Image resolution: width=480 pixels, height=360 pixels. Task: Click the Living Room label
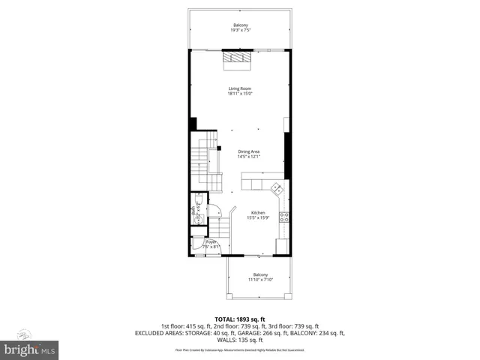[240, 89]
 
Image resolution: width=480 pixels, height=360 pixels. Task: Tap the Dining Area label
[248, 151]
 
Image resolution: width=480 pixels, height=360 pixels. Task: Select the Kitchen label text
[259, 212]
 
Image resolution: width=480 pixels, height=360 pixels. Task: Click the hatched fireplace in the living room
[239, 58]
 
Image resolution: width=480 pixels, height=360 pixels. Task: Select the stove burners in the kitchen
[284, 217]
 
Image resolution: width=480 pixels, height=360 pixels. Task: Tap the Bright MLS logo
[30, 349]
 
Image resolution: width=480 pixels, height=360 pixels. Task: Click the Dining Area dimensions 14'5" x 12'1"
[248, 157]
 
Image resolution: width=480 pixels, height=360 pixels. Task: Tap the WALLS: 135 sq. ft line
[240, 340]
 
